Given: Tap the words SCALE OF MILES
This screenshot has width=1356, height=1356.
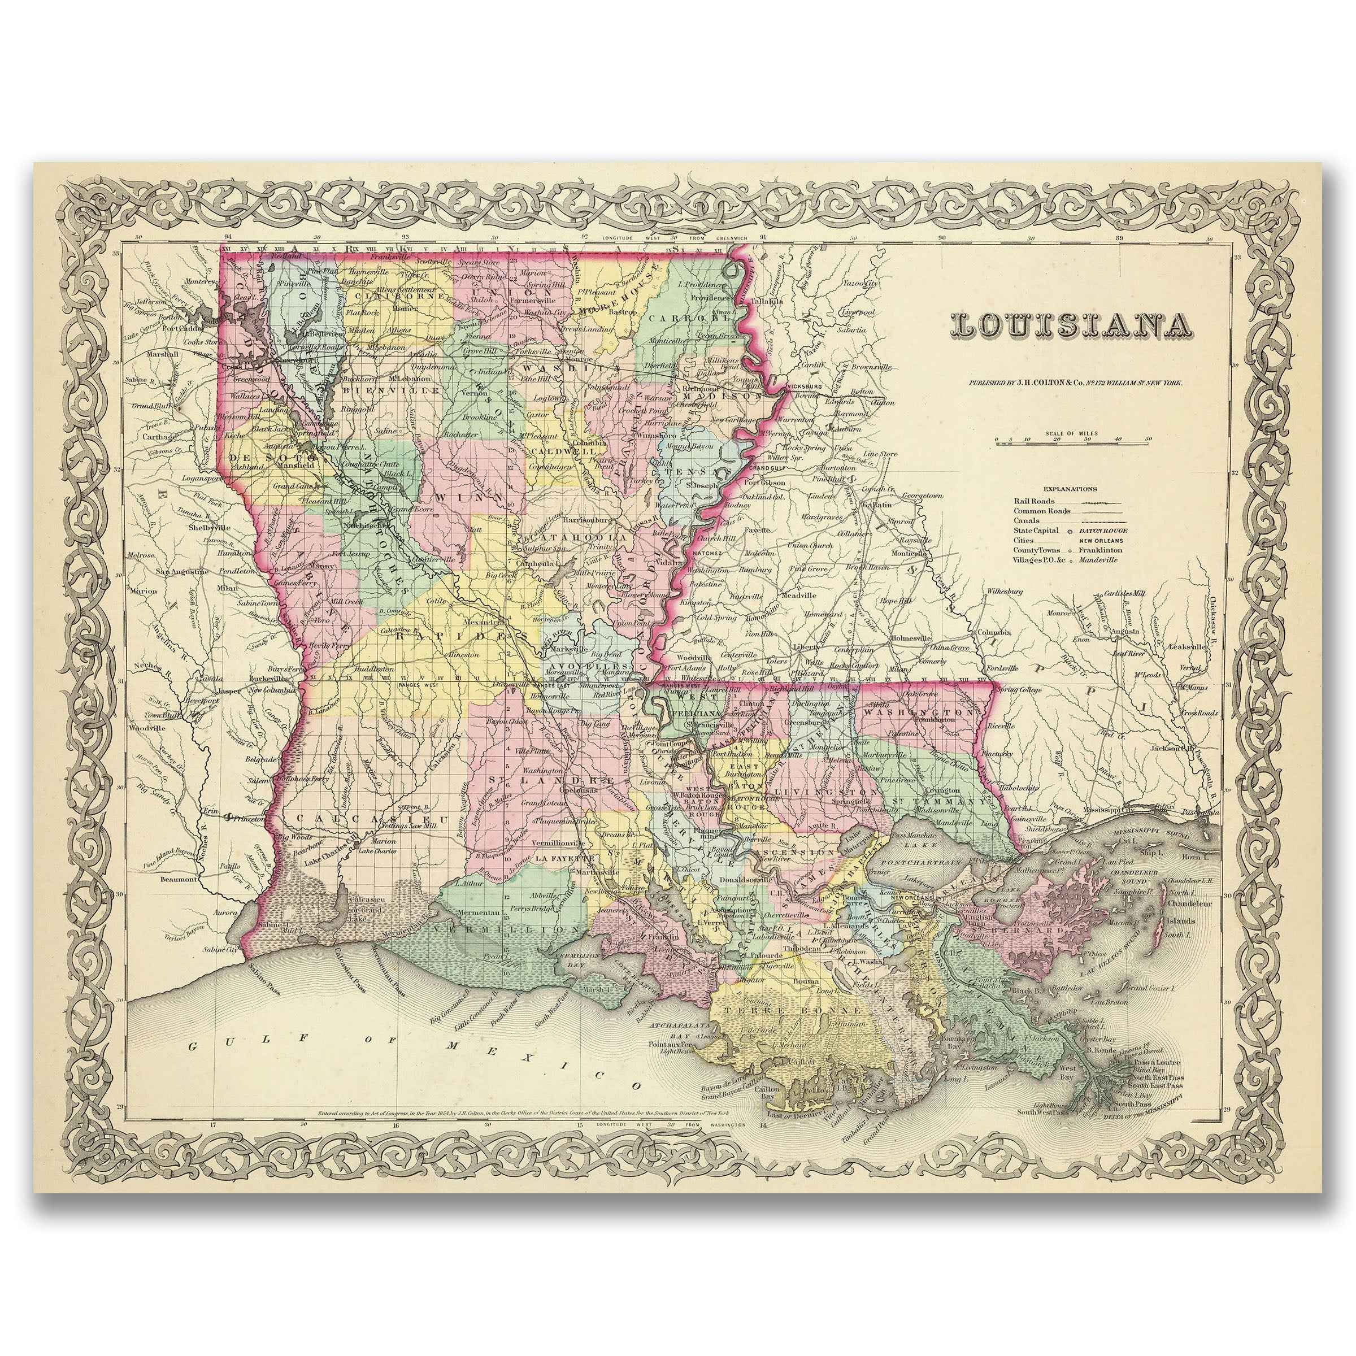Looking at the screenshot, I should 1072,434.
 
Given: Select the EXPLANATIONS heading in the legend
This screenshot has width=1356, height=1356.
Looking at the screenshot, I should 1070,489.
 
